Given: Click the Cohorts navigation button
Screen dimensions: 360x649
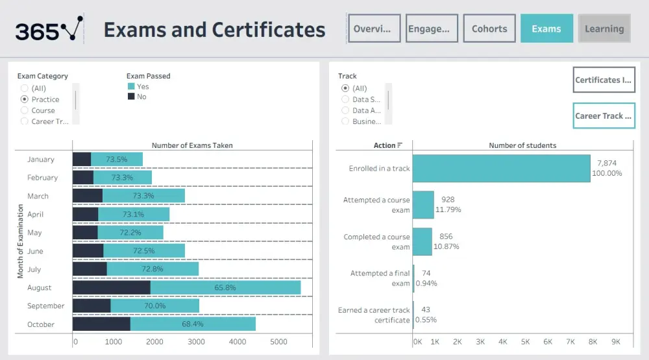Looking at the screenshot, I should (489, 29).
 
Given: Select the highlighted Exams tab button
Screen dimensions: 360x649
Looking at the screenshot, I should (546, 29).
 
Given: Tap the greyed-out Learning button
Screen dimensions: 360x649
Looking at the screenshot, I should (604, 29).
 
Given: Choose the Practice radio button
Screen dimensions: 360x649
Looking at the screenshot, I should (25, 99).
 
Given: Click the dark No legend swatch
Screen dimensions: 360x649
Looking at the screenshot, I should (131, 97).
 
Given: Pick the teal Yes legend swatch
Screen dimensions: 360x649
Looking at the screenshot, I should (131, 86).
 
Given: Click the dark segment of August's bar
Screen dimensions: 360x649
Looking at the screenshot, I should (111, 287).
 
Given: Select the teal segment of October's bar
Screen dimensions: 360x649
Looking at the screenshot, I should (193, 324).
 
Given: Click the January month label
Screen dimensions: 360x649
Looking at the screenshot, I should (41, 160).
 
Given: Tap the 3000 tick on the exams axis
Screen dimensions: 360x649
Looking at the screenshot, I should (196, 342).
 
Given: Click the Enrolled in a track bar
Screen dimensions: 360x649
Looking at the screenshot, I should (501, 168).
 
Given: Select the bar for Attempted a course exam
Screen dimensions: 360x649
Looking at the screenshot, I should (423, 204).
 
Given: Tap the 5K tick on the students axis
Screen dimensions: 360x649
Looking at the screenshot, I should (525, 342).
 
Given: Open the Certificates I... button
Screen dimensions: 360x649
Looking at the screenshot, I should (604, 80).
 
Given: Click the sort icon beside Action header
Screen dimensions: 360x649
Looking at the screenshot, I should (400, 145).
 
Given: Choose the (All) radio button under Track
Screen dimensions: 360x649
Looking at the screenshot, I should (345, 88).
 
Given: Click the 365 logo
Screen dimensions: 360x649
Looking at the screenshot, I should (49, 29).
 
